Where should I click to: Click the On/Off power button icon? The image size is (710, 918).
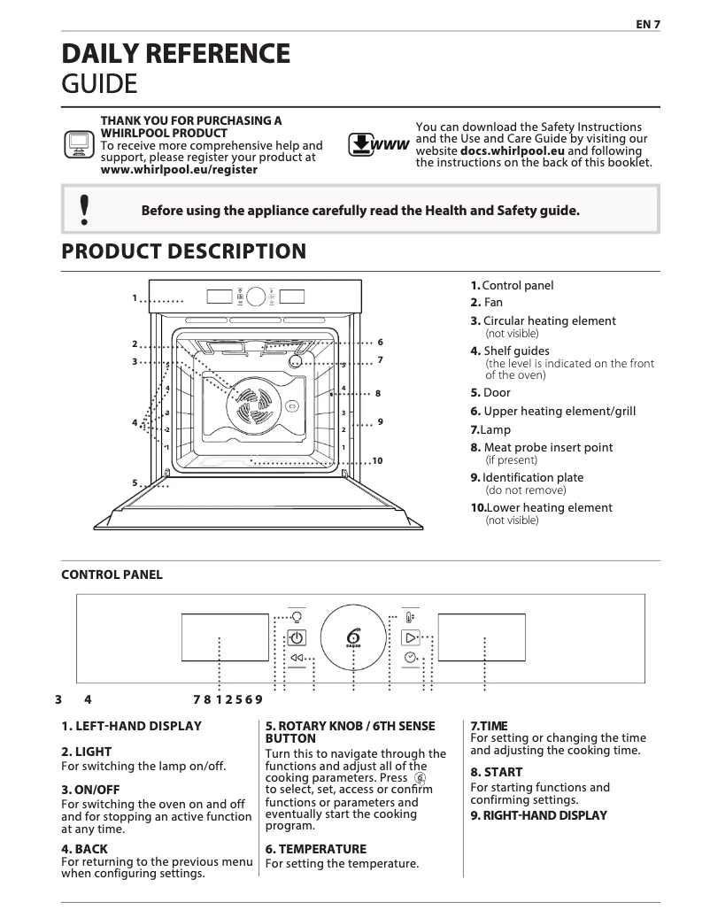[x=297, y=637]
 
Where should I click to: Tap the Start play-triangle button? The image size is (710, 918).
[x=410, y=637]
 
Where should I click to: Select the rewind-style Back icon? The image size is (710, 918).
[x=297, y=658]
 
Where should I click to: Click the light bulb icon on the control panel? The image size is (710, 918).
[x=297, y=617]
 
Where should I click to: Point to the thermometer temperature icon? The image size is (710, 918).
[x=409, y=617]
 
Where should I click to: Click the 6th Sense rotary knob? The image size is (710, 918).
[x=353, y=637]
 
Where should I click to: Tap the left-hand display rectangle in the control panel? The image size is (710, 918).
[x=225, y=637]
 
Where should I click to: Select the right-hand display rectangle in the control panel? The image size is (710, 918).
[x=482, y=637]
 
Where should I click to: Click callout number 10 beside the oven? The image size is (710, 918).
[x=377, y=461]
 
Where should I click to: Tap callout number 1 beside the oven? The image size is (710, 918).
[x=135, y=298]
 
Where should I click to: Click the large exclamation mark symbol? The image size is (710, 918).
[x=84, y=210]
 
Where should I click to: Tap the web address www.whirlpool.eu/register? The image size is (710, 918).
[x=179, y=169]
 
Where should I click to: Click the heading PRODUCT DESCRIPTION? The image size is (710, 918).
[x=183, y=251]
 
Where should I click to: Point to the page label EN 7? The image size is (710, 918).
[x=648, y=25]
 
